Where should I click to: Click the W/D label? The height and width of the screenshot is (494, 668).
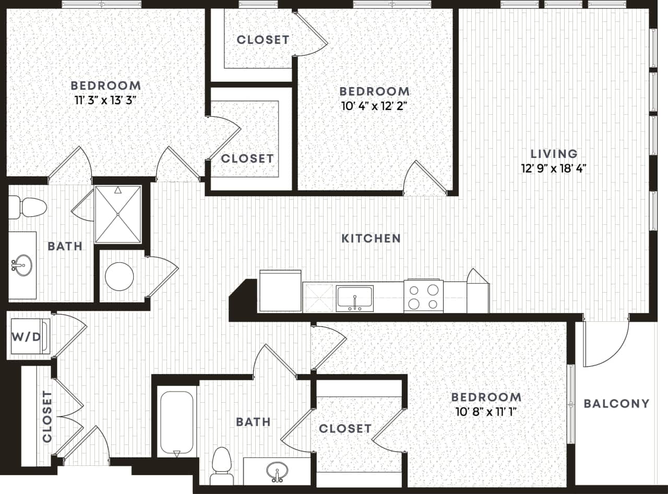(x=26, y=337)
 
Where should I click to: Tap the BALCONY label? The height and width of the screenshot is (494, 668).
(x=616, y=403)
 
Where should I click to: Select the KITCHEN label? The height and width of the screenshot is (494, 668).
(x=371, y=238)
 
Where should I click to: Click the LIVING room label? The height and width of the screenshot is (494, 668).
(x=554, y=154)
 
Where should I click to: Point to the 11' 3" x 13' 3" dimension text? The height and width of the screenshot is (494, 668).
(x=105, y=101)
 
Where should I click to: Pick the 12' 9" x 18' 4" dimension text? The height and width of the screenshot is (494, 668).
(x=554, y=168)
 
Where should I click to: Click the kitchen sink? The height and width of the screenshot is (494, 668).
(x=354, y=298)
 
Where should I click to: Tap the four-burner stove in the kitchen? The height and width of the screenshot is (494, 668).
(x=423, y=296)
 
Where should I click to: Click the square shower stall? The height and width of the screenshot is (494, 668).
(x=118, y=214)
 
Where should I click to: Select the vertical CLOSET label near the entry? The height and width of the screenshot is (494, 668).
(x=47, y=417)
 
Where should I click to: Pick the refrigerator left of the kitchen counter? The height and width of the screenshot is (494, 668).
(x=280, y=291)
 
